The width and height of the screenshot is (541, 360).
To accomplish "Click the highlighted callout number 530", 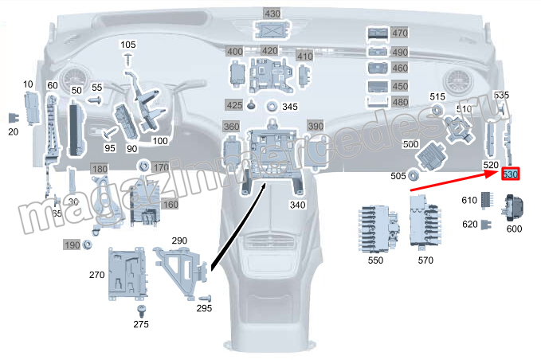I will click(510, 174).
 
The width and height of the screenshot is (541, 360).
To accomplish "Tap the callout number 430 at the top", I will click(272, 14).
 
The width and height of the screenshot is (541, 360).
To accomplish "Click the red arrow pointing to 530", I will click(454, 181).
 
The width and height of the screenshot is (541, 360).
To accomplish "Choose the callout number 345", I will click(290, 107).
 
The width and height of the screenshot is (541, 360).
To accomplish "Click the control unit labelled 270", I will click(127, 272).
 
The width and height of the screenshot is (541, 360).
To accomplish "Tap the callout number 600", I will click(514, 229).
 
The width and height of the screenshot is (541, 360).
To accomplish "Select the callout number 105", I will click(128, 44).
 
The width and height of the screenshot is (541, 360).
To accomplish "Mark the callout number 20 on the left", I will click(13, 132).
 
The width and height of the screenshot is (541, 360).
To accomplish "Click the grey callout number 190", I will click(73, 245).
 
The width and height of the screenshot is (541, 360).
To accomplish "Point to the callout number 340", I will click(297, 205).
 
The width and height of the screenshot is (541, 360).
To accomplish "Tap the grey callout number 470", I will click(400, 33).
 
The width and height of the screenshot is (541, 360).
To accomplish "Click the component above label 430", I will click(272, 31).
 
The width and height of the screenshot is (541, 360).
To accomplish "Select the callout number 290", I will click(179, 240).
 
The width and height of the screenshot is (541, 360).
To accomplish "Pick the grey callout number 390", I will click(316, 127).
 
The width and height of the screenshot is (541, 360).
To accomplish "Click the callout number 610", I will click(468, 201).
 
